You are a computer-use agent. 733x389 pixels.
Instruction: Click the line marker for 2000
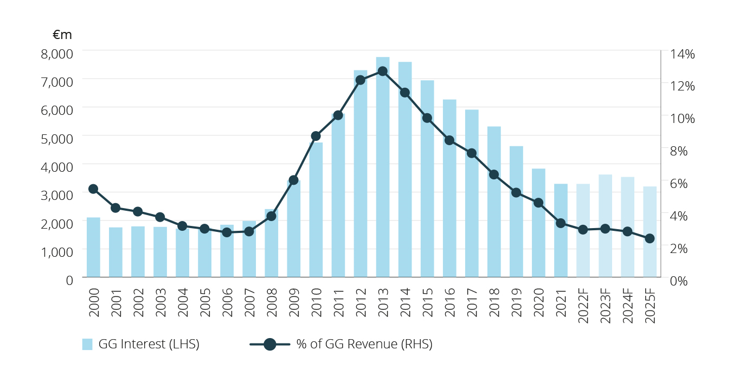pos(93,189)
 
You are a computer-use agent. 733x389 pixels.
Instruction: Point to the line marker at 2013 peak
pos(382,71)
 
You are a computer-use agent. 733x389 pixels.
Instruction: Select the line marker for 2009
pos(293,180)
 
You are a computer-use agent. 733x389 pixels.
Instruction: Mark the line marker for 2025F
pos(650,238)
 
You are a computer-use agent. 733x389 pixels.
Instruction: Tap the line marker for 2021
pos(561,223)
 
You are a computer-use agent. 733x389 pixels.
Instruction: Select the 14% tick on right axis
pos(682,54)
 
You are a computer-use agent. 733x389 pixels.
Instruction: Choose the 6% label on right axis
pos(682,183)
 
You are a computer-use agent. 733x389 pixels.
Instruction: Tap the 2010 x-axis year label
pos(316,306)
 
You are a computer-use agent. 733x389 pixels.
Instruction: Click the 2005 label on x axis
pos(205,306)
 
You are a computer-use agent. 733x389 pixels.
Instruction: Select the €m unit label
pos(62,35)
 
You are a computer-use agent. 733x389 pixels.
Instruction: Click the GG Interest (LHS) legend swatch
pos(87,344)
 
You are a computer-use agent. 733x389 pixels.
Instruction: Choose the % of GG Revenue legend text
pos(364,344)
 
